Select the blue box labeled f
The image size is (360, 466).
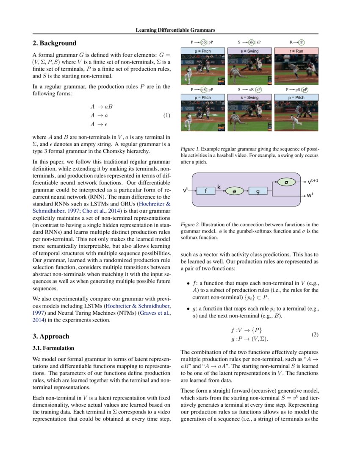click(206, 191)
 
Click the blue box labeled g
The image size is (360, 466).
click(258, 191)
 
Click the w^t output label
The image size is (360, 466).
click(313, 196)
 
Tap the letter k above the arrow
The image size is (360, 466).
click(219, 186)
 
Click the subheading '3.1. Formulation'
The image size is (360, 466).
click(53, 348)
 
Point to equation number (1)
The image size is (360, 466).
click(166, 115)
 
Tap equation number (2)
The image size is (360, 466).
click(315, 334)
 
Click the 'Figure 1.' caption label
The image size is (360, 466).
click(190, 149)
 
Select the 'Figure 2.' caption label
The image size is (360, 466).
click(190, 225)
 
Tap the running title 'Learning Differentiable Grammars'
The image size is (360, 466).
click(175, 30)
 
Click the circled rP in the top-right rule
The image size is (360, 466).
click(302, 42)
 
